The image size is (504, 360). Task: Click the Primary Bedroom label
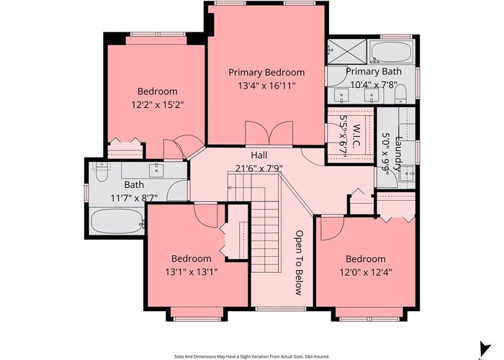pos(266,73)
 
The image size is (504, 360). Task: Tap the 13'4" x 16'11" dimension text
pos(266,86)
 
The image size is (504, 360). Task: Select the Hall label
pos(258,156)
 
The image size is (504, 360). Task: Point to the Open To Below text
pos(299,263)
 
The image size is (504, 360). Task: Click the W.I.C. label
pos(356,136)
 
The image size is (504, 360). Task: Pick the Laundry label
pos(398,153)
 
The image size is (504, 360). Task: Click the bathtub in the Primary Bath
pos(391,52)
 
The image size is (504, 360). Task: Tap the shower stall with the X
pos(347,52)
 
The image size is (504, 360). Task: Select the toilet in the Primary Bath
pos(400,94)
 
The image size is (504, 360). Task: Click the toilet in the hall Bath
pos(102,172)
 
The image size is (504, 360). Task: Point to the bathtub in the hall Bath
pos(117,221)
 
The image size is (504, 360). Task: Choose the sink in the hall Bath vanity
pos(156,170)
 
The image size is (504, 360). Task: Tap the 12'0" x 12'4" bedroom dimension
pos(366,273)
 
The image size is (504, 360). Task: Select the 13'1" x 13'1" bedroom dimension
pos(192,272)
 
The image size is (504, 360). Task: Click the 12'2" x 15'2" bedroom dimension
pos(158,105)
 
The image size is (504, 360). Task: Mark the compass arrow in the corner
pos(485,348)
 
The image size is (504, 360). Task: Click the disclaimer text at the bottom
pos(252,356)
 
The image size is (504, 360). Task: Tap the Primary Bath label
pos(374,71)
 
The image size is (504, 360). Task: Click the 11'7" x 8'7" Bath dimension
pos(134,198)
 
